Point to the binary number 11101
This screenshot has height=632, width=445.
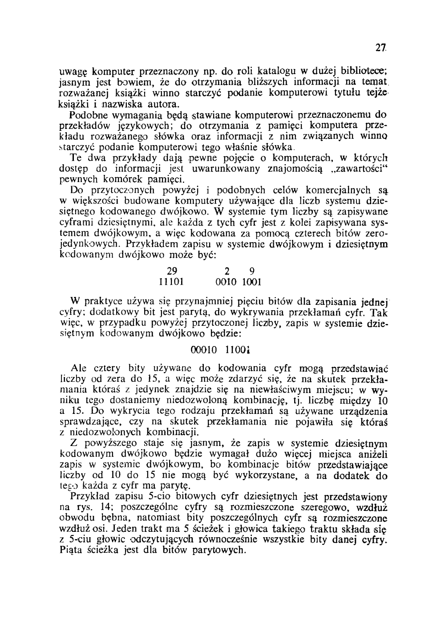coord(172,282)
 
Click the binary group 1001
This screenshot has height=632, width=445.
coord(252,282)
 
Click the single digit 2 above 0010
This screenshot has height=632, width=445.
coord(227,271)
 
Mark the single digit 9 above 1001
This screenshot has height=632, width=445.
coord(252,271)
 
